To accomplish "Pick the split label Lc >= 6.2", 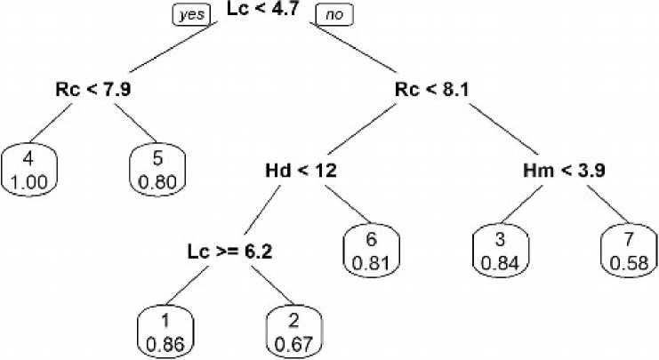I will click(x=229, y=251).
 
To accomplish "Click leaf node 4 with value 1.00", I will click(x=30, y=169).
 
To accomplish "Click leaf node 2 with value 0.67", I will click(x=293, y=332).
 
